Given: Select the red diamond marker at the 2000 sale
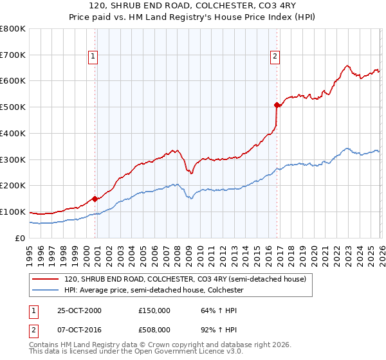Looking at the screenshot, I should (x=95, y=199).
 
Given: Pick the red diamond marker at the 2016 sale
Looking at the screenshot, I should (x=277, y=105).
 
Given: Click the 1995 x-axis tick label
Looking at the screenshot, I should (x=30, y=251).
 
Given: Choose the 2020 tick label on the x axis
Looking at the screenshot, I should (x=313, y=251).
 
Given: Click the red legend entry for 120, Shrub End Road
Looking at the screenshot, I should (x=188, y=279).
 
